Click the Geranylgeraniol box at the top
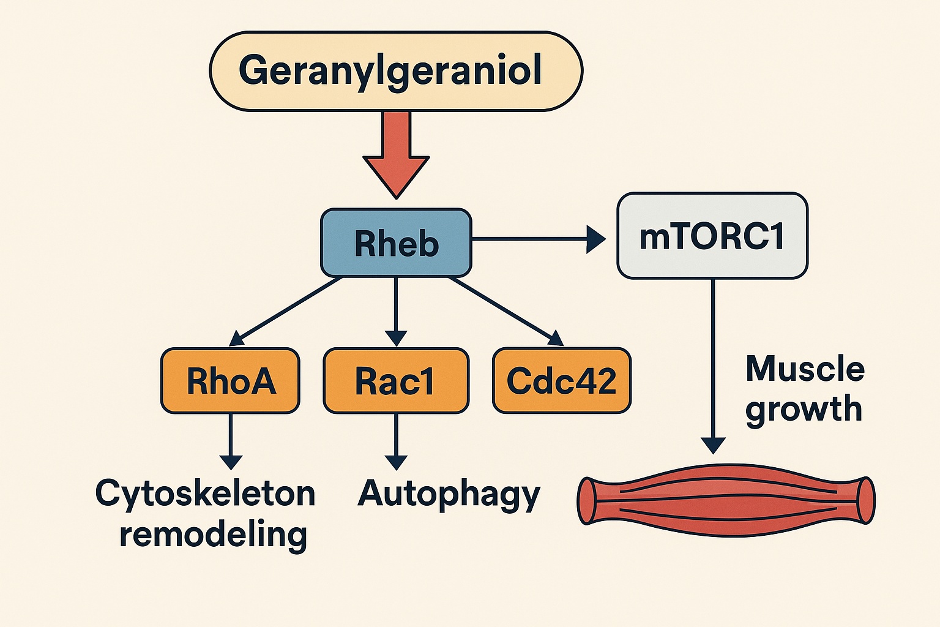(x=396, y=71)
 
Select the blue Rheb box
(x=396, y=243)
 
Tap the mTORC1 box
(x=712, y=236)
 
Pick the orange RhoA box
(x=230, y=381)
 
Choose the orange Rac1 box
(x=396, y=381)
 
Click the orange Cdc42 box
(x=561, y=381)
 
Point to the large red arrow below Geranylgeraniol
(x=396, y=153)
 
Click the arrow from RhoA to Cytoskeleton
(x=231, y=441)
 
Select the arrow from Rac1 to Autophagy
(x=396, y=441)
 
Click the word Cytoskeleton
(x=205, y=494)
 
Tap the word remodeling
(x=213, y=534)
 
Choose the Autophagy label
(x=449, y=494)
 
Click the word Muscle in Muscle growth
(x=805, y=369)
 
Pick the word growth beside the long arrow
(x=804, y=409)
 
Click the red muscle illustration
(x=726, y=500)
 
